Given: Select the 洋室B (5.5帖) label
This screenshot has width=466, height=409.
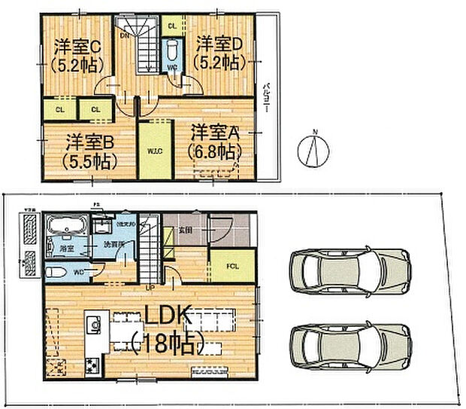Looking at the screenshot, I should click(x=89, y=141).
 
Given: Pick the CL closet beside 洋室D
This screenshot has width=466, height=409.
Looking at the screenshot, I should click(x=172, y=26).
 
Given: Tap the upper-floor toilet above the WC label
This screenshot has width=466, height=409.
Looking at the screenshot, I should click(x=172, y=50).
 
